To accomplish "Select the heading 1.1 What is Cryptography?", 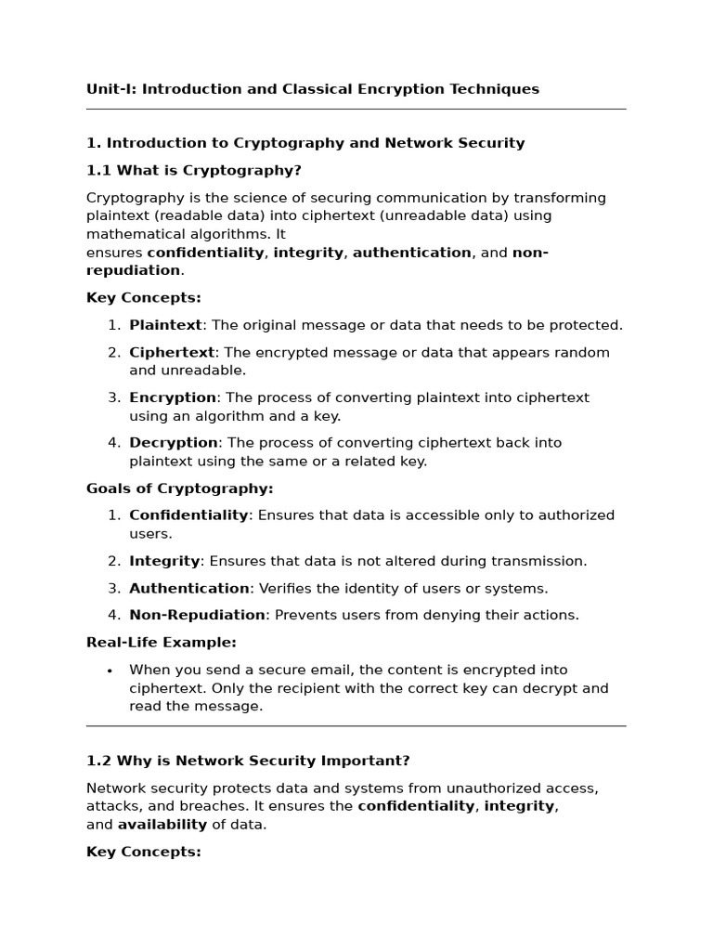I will click(x=193, y=171).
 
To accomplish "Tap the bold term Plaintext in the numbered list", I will click(x=165, y=325).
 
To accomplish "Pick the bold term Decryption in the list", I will click(x=174, y=443).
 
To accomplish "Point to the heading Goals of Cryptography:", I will click(x=179, y=489).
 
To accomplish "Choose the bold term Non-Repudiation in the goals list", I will click(x=197, y=615).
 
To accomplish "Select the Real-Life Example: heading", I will click(x=161, y=643).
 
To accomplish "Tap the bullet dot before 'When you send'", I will click(x=110, y=671).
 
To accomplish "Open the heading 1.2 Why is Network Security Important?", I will click(x=248, y=761).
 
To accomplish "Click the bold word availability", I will click(x=162, y=825).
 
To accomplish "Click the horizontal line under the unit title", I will click(x=356, y=110).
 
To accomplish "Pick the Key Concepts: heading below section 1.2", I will click(x=143, y=852).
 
